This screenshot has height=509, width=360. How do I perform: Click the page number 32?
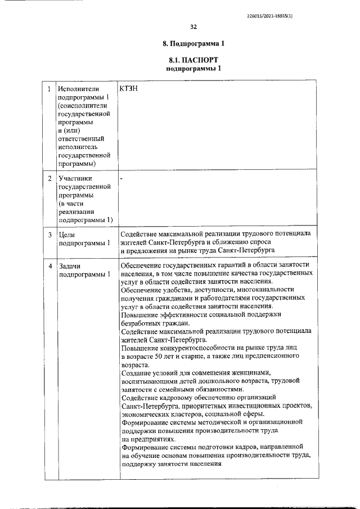point(193,27)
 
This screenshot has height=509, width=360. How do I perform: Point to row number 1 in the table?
point(49,89)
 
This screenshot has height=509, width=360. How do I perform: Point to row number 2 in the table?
point(49,179)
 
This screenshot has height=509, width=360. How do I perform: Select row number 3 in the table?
point(49,234)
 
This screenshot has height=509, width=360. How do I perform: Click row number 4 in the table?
point(49,265)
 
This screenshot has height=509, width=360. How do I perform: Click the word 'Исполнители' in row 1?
point(79,89)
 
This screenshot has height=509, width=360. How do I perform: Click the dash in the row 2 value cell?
point(122,179)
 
